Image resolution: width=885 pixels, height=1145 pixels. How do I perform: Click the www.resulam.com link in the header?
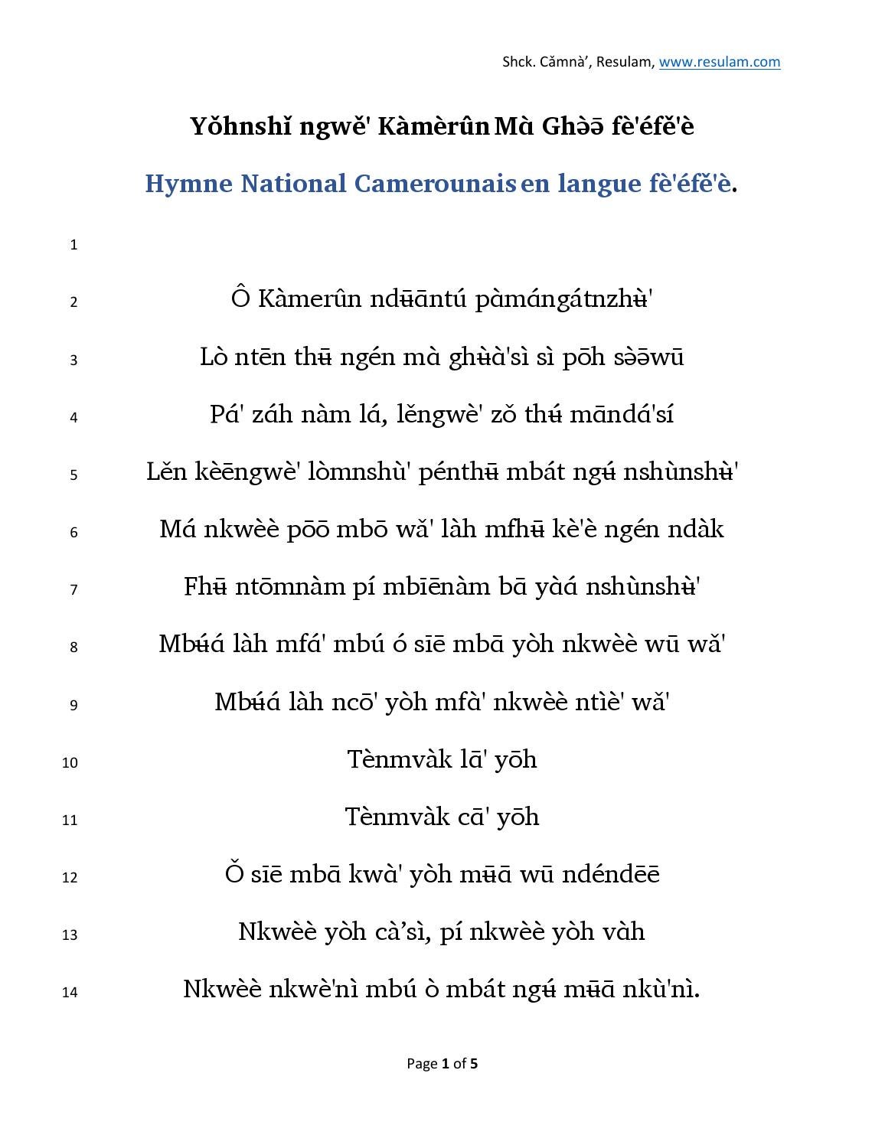720,63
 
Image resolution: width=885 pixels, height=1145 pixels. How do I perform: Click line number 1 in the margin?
73,245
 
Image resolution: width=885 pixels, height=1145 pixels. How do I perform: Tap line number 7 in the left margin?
73,589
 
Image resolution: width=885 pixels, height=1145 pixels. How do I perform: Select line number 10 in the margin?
70,762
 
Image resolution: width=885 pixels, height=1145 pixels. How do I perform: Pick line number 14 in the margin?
70,992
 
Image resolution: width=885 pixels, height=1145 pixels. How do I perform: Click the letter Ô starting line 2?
240,298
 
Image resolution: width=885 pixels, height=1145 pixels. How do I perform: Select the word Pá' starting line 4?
226,414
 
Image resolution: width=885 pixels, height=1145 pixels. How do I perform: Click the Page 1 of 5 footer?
442,1063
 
